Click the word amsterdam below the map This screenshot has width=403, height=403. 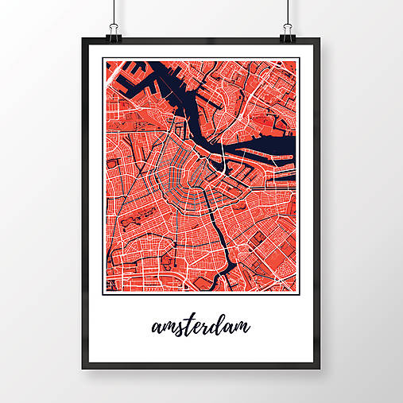199,327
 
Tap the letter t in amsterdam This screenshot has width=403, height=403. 188,324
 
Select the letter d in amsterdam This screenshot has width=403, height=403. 219,324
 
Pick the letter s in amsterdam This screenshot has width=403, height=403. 178,327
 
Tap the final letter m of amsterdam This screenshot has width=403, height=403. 242,327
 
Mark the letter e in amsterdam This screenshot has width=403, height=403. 197,327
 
